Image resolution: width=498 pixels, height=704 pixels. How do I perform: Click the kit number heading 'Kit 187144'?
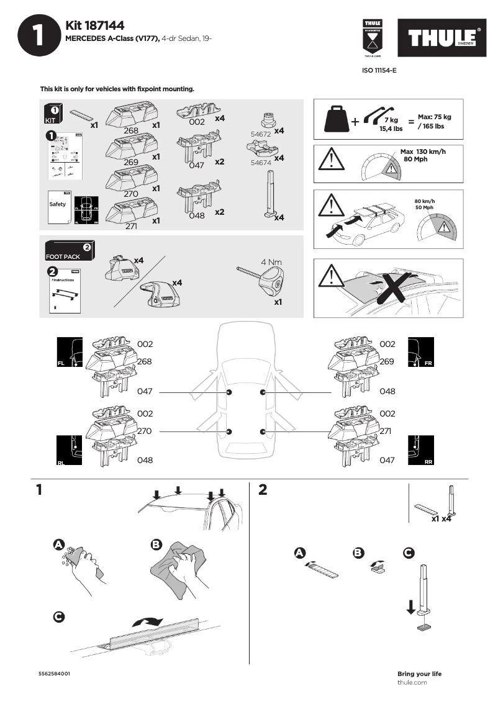tap(94, 25)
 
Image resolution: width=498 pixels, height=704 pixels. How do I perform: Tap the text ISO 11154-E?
tap(379, 71)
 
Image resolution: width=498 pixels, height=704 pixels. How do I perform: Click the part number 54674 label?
tap(261, 162)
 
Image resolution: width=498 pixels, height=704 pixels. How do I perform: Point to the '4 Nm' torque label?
tap(271, 262)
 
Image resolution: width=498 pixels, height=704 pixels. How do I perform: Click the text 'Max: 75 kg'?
tap(434, 117)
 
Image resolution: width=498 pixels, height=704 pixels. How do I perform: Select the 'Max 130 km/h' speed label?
tap(423, 152)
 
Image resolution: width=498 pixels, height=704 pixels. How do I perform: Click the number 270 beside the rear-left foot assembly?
tap(145, 430)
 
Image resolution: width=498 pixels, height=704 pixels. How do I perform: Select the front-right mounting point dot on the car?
tap(263, 392)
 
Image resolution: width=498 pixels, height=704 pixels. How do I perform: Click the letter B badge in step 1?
tap(156, 544)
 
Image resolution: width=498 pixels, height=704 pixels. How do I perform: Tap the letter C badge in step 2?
tap(409, 552)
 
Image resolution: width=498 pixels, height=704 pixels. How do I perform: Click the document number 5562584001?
tap(54, 674)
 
